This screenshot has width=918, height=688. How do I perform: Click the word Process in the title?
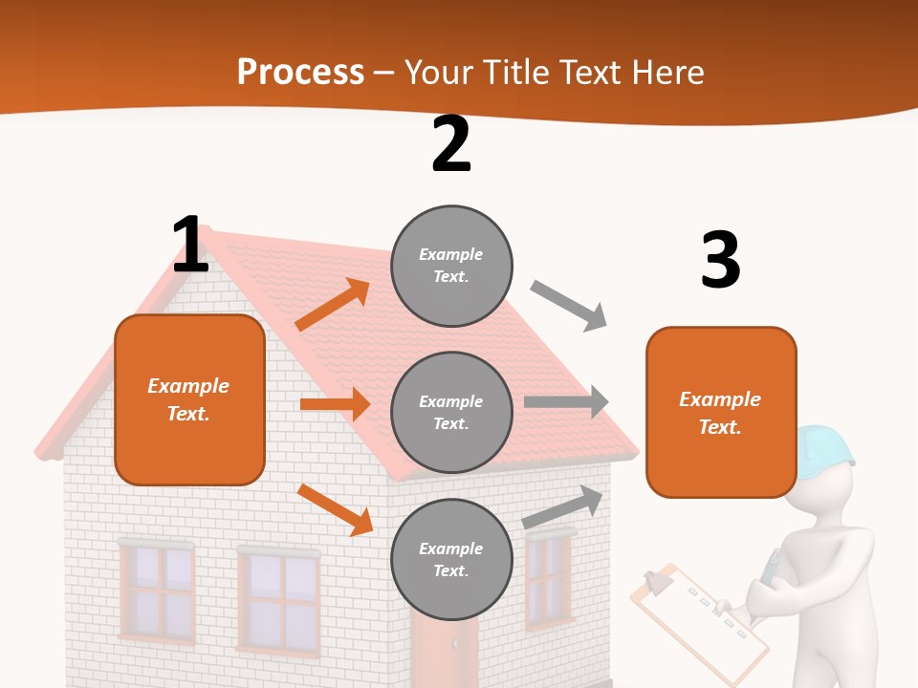pyautogui.click(x=300, y=72)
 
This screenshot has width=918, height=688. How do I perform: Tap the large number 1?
pyautogui.click(x=190, y=245)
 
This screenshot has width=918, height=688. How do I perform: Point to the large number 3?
pyautogui.click(x=720, y=260)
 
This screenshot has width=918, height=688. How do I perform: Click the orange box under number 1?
pyautogui.click(x=189, y=399)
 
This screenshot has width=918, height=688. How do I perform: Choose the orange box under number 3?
pyautogui.click(x=721, y=412)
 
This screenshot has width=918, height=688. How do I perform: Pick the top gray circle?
pyautogui.click(x=451, y=266)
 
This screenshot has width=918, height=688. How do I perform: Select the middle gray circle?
pyautogui.click(x=451, y=412)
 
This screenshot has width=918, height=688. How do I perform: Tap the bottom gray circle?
pyautogui.click(x=451, y=559)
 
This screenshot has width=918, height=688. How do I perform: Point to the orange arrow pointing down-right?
pyautogui.click(x=335, y=509)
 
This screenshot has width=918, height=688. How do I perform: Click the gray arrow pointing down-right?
pyautogui.click(x=569, y=306)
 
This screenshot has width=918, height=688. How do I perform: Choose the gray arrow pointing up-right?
pyautogui.click(x=563, y=506)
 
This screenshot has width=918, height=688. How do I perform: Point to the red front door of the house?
pyautogui.click(x=444, y=655)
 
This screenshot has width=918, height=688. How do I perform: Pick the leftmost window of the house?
pyautogui.click(x=157, y=591)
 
